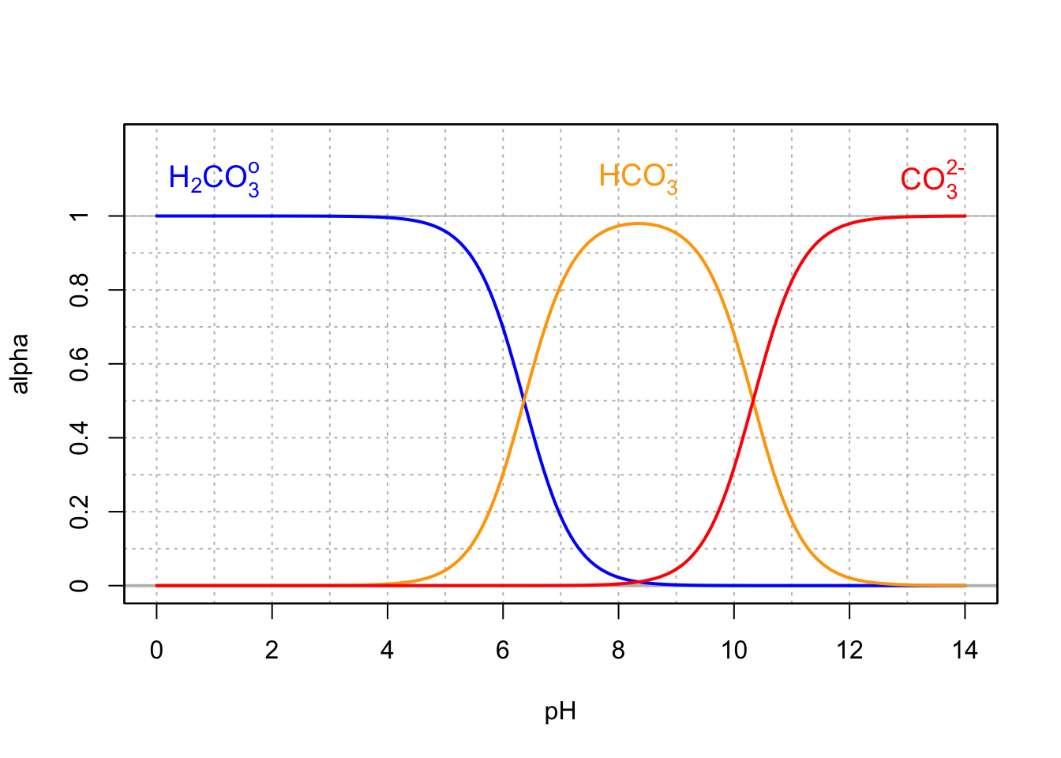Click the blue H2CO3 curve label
point(213,178)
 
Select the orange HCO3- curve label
point(638,177)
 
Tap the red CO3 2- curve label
point(932,178)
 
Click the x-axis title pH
point(560,712)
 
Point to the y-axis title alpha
point(20,364)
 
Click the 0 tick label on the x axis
point(156,651)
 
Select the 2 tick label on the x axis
point(272,651)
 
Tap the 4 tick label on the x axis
point(387,651)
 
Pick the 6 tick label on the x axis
point(503,651)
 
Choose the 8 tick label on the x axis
point(618,651)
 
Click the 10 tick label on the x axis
point(733,651)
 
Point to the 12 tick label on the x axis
point(849,651)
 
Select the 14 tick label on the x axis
point(965,651)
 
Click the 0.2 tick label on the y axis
point(79,512)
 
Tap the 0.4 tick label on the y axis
point(79,437)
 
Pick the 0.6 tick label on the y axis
point(79,364)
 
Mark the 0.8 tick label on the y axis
point(79,290)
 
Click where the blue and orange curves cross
point(523,401)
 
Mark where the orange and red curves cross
point(753,401)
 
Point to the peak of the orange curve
point(639,223)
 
